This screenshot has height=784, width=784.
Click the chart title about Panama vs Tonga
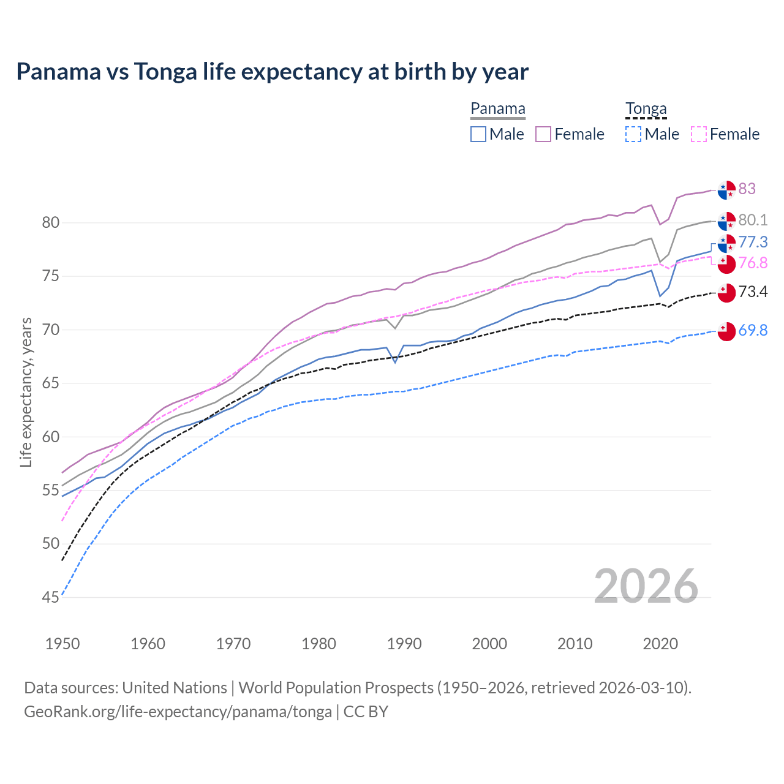pyautogui.click(x=272, y=72)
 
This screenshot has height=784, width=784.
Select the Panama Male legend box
pyautogui.click(x=478, y=134)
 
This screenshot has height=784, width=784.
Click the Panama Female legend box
pyautogui.click(x=543, y=134)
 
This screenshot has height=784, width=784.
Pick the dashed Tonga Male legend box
pyautogui.click(x=633, y=134)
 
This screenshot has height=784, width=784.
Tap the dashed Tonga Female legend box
pyautogui.click(x=698, y=134)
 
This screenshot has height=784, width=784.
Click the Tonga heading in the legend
pyautogui.click(x=646, y=109)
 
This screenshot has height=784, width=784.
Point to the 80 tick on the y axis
pyautogui.click(x=51, y=222)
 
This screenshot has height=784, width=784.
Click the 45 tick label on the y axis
pyautogui.click(x=51, y=597)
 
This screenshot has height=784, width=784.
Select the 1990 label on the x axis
pyautogui.click(x=404, y=644)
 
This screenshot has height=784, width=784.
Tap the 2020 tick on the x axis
pyautogui.click(x=660, y=644)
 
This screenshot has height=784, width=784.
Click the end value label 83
pyautogui.click(x=747, y=189)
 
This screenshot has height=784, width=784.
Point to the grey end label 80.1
pyautogui.click(x=753, y=220)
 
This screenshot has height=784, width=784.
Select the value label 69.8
pyautogui.click(x=753, y=330)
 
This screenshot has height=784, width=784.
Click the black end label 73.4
pyautogui.click(x=753, y=292)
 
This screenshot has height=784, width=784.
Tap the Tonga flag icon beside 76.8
pyautogui.click(x=726, y=264)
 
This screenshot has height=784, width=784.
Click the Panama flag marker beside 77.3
pyautogui.click(x=726, y=243)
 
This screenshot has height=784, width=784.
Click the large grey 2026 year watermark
pyautogui.click(x=646, y=586)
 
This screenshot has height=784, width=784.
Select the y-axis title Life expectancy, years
pyautogui.click(x=26, y=392)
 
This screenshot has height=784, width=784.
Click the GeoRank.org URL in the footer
pyautogui.click(x=178, y=712)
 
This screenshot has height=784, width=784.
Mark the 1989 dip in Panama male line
pyautogui.click(x=396, y=362)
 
